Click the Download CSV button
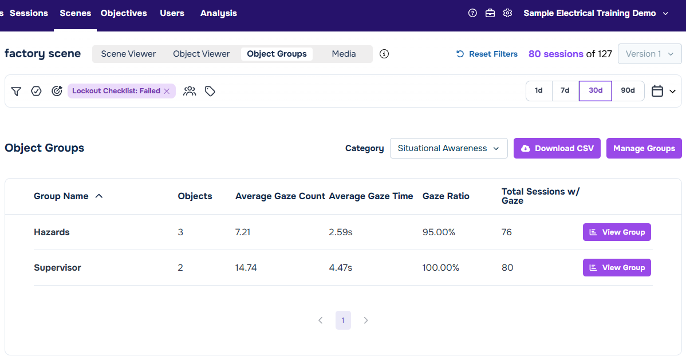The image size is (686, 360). [x=557, y=148]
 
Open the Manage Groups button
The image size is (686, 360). [x=644, y=148]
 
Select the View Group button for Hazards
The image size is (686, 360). [x=617, y=232]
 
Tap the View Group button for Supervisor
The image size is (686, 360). [x=617, y=267]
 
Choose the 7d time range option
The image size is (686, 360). [x=565, y=90]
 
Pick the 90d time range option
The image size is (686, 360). [x=628, y=90]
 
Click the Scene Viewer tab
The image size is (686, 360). [x=128, y=54]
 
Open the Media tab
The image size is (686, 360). [x=344, y=54]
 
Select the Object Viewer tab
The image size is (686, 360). [x=201, y=54]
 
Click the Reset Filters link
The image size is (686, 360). [x=487, y=54]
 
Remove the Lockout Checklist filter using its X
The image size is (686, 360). [x=167, y=91]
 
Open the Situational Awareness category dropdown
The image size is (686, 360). [x=448, y=148]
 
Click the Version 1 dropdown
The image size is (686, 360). [x=650, y=54]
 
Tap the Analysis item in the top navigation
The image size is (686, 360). [x=218, y=13]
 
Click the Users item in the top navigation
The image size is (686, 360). [x=172, y=13]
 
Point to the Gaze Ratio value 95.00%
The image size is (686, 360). [x=439, y=232]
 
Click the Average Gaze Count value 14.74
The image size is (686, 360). [x=246, y=268]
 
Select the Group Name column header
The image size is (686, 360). [x=61, y=196]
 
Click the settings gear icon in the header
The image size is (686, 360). [x=507, y=13]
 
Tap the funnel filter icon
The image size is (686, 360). [x=16, y=91]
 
